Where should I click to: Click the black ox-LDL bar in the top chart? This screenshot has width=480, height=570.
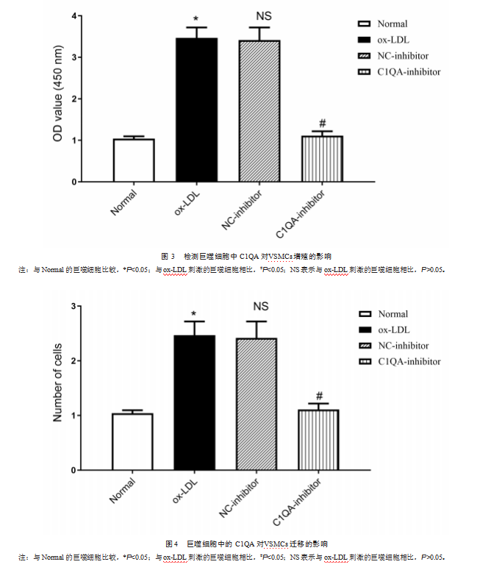click(196, 110)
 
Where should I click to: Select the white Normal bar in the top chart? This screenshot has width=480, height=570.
click(133, 160)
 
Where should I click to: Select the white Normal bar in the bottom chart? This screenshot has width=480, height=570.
click(133, 442)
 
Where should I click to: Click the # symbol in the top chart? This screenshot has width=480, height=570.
click(322, 124)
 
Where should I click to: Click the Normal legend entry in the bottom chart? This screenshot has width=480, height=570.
click(393, 314)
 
